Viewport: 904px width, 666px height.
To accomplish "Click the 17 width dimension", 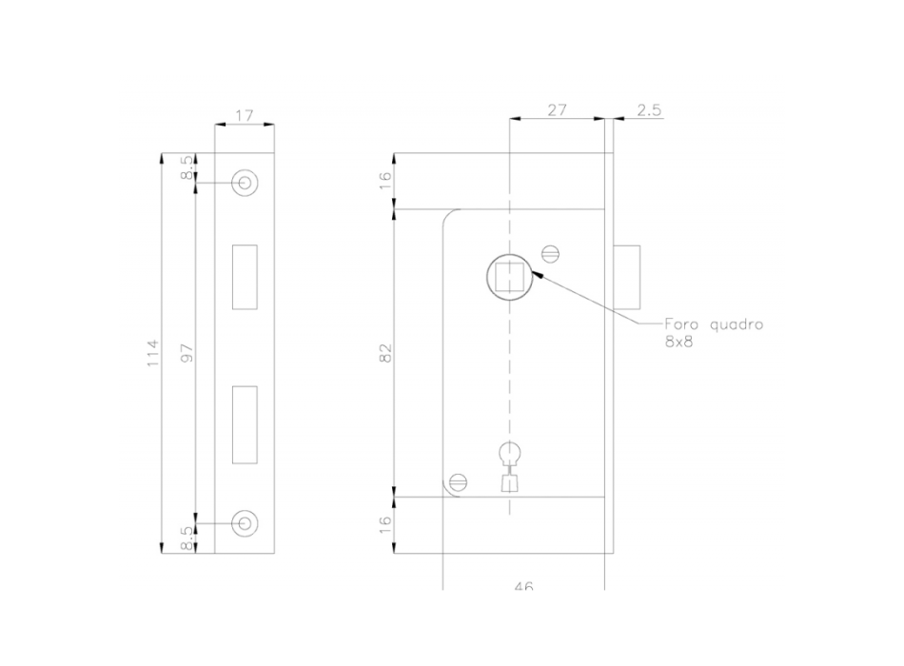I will tap(244, 115).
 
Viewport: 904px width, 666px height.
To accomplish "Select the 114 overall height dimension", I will tap(153, 353).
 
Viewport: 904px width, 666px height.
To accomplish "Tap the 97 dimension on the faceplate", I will tap(187, 353).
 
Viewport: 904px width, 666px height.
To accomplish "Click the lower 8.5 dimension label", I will tap(187, 538).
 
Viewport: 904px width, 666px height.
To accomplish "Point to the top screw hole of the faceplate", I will tap(245, 183).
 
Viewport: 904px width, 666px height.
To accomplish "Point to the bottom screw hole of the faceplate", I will tap(245, 521).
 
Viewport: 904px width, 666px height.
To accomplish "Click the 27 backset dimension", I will tap(557, 110).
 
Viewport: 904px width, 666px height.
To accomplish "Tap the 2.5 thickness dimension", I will tap(649, 110).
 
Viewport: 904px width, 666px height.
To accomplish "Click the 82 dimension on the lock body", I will tap(386, 353).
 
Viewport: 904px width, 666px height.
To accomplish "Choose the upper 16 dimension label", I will tap(386, 181).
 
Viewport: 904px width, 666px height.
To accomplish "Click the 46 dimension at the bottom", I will tap(522, 586).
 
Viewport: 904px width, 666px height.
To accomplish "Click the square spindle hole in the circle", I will tap(509, 278).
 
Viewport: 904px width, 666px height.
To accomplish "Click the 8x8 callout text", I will tap(678, 342).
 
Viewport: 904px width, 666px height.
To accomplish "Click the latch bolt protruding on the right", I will tap(627, 277).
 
